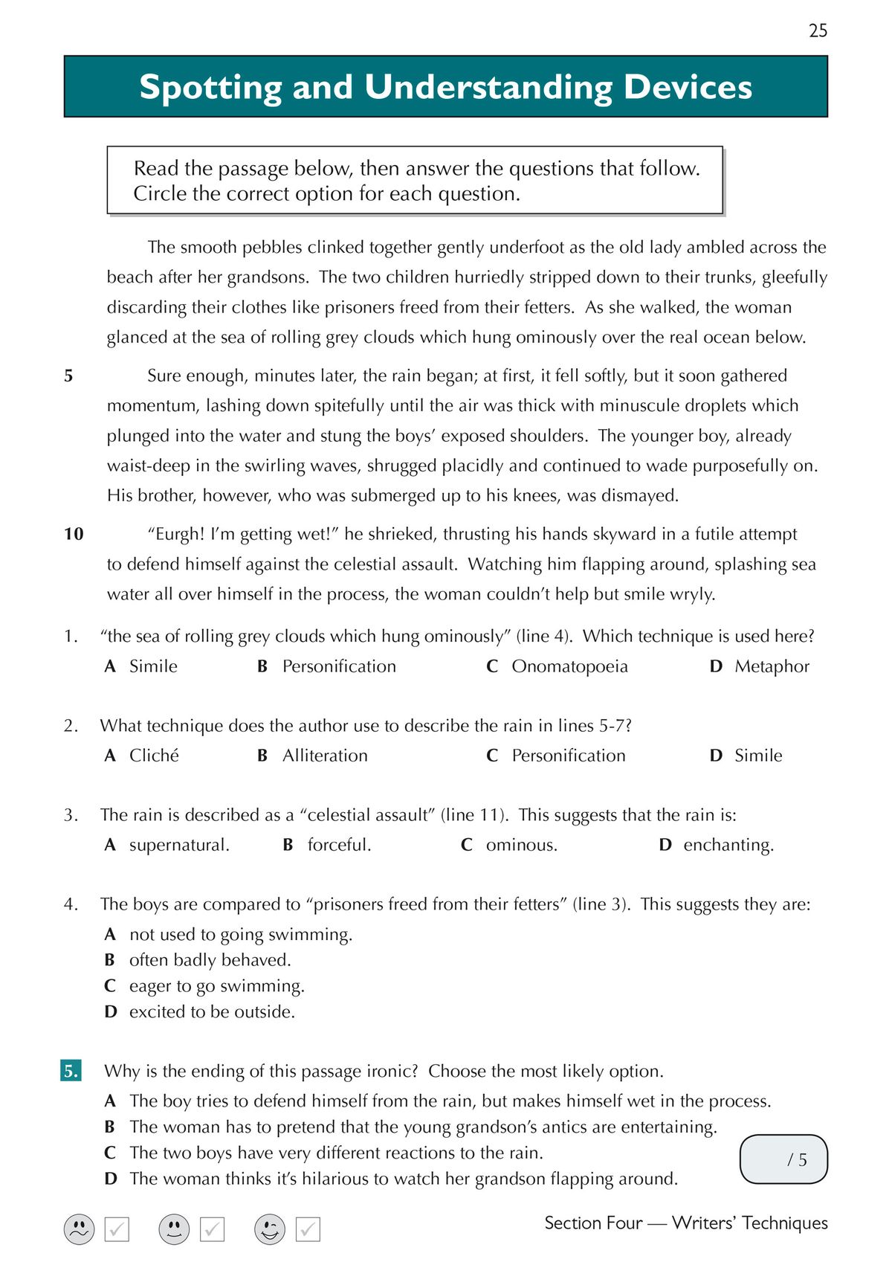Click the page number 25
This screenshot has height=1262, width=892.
(x=818, y=30)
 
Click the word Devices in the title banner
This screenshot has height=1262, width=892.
(x=688, y=87)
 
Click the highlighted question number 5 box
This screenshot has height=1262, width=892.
(x=71, y=1071)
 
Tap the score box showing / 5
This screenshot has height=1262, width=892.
(x=783, y=1159)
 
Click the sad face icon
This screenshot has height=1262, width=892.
(x=79, y=1229)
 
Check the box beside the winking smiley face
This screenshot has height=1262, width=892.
(x=308, y=1229)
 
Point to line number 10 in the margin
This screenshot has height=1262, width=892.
(x=74, y=534)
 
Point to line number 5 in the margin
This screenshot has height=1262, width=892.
(x=68, y=376)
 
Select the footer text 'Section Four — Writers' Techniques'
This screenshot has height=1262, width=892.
(x=685, y=1223)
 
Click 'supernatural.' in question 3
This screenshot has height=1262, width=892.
(x=178, y=845)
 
